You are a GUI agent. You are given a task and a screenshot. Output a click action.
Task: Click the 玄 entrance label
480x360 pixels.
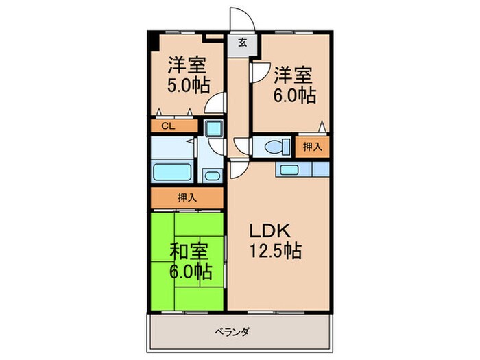[x=242, y=43]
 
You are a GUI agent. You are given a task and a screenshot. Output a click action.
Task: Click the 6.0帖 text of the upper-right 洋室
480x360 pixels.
[x=296, y=95]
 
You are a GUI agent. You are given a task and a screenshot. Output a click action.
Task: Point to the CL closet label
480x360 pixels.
[x=167, y=126]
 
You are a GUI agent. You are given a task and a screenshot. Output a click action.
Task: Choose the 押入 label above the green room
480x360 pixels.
[x=187, y=197]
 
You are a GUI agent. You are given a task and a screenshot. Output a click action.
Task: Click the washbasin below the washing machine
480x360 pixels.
[x=212, y=176]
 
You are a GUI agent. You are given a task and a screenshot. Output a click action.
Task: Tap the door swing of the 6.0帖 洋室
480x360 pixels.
[x=259, y=70]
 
